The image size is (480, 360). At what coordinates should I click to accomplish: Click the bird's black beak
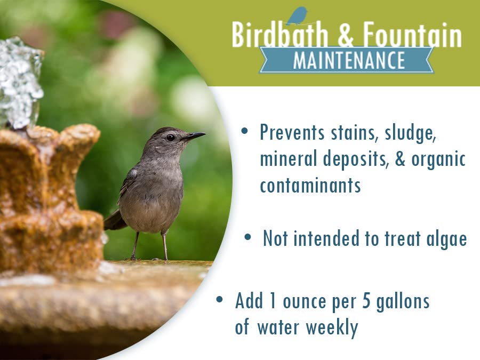click(194, 137)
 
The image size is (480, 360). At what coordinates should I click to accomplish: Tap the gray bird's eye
click(170, 137)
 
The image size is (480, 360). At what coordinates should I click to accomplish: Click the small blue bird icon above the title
click(297, 16)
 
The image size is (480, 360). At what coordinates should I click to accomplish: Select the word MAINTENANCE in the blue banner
click(349, 60)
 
